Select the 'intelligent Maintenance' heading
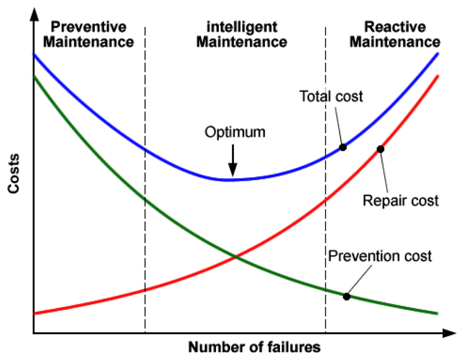point(242,34)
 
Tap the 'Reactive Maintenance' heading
point(396,34)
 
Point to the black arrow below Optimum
point(232,161)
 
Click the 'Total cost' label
point(331,96)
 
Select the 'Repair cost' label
point(401,200)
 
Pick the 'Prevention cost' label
point(380,256)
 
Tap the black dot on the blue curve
point(343,147)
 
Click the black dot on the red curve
point(381,149)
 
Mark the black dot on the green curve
point(347,297)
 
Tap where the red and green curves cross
point(235,257)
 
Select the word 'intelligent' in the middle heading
point(242,27)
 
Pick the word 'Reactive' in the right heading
point(396,27)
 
